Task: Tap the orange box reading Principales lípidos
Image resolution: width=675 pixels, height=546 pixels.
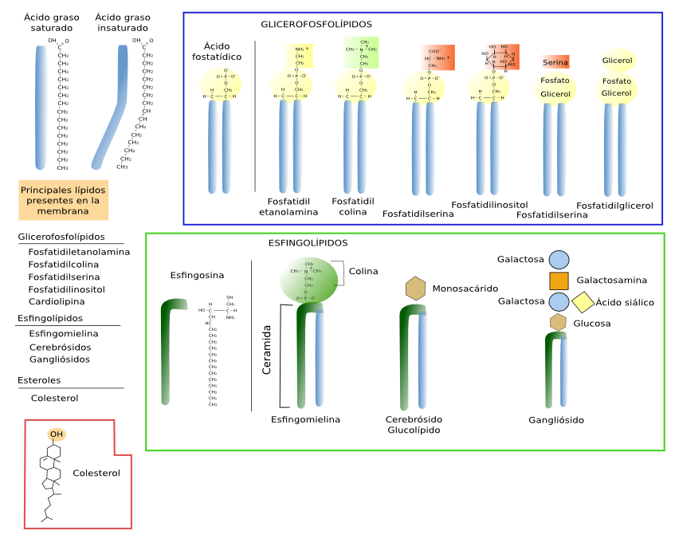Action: click(x=63, y=201)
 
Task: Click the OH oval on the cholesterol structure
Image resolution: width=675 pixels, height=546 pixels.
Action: click(x=55, y=434)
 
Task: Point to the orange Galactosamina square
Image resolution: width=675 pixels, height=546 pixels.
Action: click(x=559, y=281)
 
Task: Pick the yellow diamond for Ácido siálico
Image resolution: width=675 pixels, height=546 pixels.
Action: click(x=583, y=303)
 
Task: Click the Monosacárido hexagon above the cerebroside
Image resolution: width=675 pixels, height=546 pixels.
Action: click(x=415, y=289)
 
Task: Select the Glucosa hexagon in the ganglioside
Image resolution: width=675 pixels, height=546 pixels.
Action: click(x=559, y=322)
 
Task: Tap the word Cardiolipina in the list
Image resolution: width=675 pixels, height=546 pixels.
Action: click(x=56, y=301)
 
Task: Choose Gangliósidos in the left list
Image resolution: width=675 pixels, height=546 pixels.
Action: click(x=59, y=359)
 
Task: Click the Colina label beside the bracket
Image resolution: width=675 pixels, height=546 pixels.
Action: click(x=363, y=271)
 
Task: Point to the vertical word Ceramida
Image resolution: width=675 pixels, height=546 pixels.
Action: click(x=268, y=350)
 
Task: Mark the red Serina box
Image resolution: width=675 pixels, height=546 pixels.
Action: click(x=555, y=62)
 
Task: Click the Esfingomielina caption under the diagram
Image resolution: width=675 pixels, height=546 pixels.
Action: click(x=305, y=419)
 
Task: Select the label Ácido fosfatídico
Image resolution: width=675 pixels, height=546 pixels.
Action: click(x=217, y=51)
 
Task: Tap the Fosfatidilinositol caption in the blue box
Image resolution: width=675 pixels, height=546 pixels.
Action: click(x=489, y=205)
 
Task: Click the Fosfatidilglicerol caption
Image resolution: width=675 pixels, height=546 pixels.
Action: click(x=614, y=206)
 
